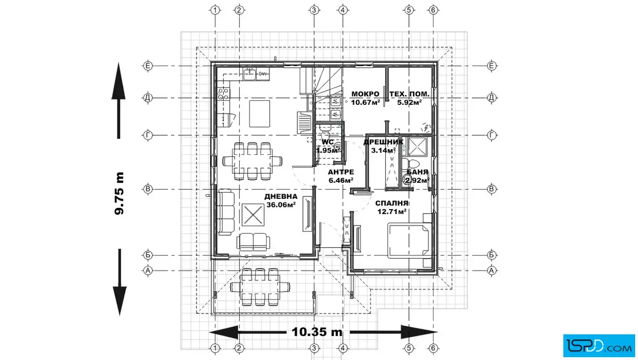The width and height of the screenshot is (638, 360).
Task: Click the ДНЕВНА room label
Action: [x=281, y=197]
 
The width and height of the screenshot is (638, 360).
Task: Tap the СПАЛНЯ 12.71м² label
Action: [x=391, y=207]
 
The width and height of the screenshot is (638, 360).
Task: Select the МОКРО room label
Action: [x=365, y=94]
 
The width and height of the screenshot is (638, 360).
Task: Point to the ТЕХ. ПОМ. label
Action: [x=410, y=94]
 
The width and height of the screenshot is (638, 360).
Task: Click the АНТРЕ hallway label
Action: [x=341, y=172]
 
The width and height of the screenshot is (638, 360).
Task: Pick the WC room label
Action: [x=328, y=142]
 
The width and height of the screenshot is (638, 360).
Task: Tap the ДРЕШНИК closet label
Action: [x=383, y=142]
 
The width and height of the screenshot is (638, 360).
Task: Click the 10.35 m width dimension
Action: [x=317, y=332]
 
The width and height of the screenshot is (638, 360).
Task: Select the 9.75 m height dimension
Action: [x=119, y=194]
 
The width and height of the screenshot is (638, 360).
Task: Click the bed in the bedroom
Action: [x=410, y=240]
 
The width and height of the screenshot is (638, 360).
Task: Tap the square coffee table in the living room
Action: [x=253, y=215]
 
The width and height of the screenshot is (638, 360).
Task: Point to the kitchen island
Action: [x=260, y=114]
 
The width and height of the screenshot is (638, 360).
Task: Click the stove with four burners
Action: [x=223, y=94]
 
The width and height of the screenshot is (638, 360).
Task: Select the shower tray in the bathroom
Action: [x=418, y=146]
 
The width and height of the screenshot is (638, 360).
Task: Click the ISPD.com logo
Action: [x=599, y=346]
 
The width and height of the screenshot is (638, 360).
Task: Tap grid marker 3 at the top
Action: [x=314, y=10]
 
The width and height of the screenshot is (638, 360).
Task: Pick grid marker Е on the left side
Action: [x=148, y=66]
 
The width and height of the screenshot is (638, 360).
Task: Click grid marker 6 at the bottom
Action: [x=433, y=348]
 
